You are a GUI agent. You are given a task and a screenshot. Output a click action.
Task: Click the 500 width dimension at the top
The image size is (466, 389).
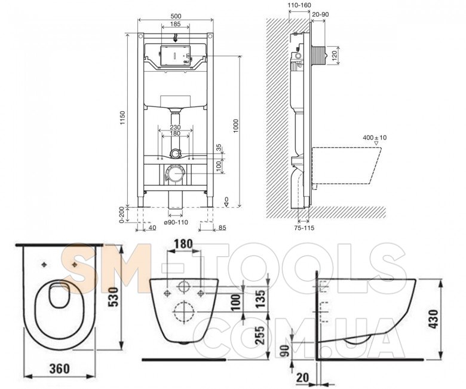(x=175, y=17)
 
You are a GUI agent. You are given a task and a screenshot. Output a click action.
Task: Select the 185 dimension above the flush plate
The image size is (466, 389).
(x=175, y=24)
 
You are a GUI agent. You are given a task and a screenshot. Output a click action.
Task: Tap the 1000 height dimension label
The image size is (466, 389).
(x=235, y=126)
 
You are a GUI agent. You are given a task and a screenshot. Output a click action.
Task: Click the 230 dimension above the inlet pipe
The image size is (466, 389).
(x=175, y=127)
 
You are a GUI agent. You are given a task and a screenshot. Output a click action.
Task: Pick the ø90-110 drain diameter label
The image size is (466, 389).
(x=176, y=222)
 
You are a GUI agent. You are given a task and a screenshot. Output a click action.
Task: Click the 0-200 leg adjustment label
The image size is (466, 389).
(x=121, y=215)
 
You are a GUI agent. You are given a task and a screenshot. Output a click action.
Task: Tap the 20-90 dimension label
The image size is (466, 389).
(x=320, y=14)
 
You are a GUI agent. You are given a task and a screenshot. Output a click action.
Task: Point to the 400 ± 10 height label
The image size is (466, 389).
(x=375, y=138)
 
